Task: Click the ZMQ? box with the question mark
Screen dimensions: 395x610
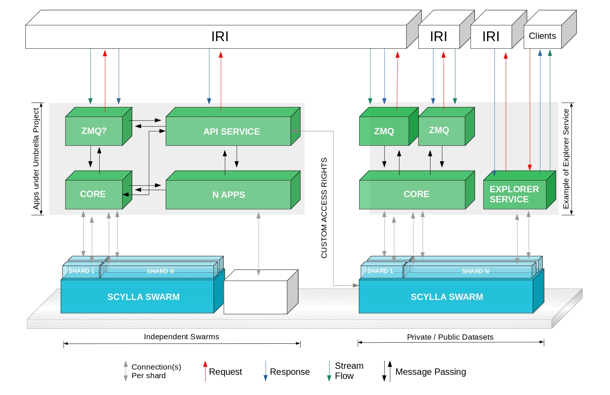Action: (94, 131)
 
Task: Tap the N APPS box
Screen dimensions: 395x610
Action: (228, 195)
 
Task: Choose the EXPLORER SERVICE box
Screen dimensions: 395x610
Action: (515, 194)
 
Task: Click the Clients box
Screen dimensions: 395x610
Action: (542, 36)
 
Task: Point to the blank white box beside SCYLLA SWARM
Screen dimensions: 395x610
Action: (256, 297)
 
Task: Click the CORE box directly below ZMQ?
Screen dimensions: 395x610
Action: (93, 194)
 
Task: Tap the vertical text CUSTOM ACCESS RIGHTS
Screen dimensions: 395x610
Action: (324, 208)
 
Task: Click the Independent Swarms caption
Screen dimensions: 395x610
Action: (181, 337)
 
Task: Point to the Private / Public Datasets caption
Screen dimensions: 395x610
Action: (450, 337)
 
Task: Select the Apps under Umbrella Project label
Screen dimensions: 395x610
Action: (36, 159)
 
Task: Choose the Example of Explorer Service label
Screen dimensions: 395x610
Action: (566, 159)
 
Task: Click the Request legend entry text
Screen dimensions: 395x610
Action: (225, 372)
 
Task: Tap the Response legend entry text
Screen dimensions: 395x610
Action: (290, 372)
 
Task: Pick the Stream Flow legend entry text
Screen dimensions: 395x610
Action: (349, 371)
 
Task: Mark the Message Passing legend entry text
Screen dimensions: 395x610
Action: (431, 372)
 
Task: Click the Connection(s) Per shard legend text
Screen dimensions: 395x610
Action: (156, 371)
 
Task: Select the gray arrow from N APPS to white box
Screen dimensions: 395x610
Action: (258, 243)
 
